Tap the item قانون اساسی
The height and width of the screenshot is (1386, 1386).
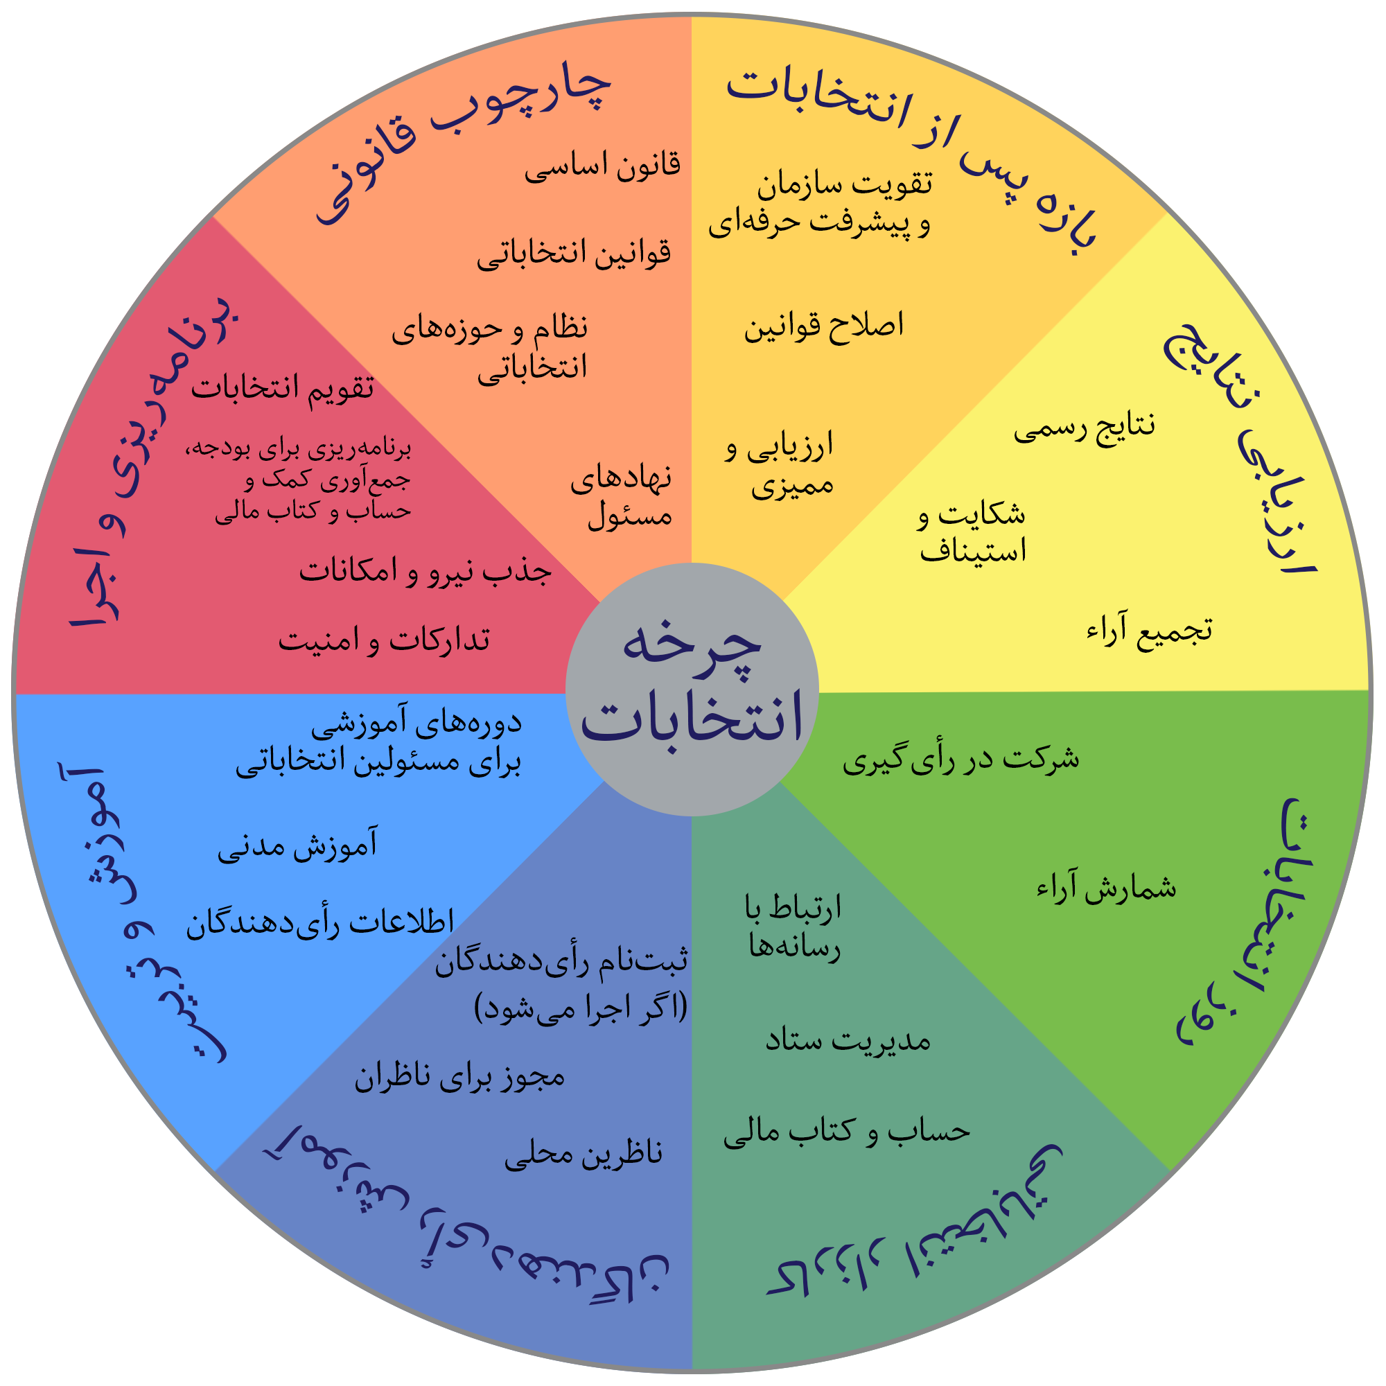coord(603,166)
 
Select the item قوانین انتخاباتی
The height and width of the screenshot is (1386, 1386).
coord(574,254)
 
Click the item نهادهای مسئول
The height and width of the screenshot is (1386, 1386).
coord(621,497)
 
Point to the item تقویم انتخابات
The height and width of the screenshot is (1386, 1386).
coord(283,389)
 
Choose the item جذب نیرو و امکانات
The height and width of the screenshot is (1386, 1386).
coord(426,572)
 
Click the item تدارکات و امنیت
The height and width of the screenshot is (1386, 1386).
coord(385,640)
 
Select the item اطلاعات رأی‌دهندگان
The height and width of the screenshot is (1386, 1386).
coord(320,923)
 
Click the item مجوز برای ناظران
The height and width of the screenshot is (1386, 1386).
coord(460,1078)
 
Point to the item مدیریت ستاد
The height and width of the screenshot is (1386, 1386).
coord(848,1041)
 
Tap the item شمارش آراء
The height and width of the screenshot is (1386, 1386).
coord(1106,889)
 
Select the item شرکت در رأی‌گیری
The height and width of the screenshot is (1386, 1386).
coord(960,759)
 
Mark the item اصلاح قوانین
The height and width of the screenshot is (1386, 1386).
coord(823,326)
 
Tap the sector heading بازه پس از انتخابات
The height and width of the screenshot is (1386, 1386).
coord(911,150)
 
